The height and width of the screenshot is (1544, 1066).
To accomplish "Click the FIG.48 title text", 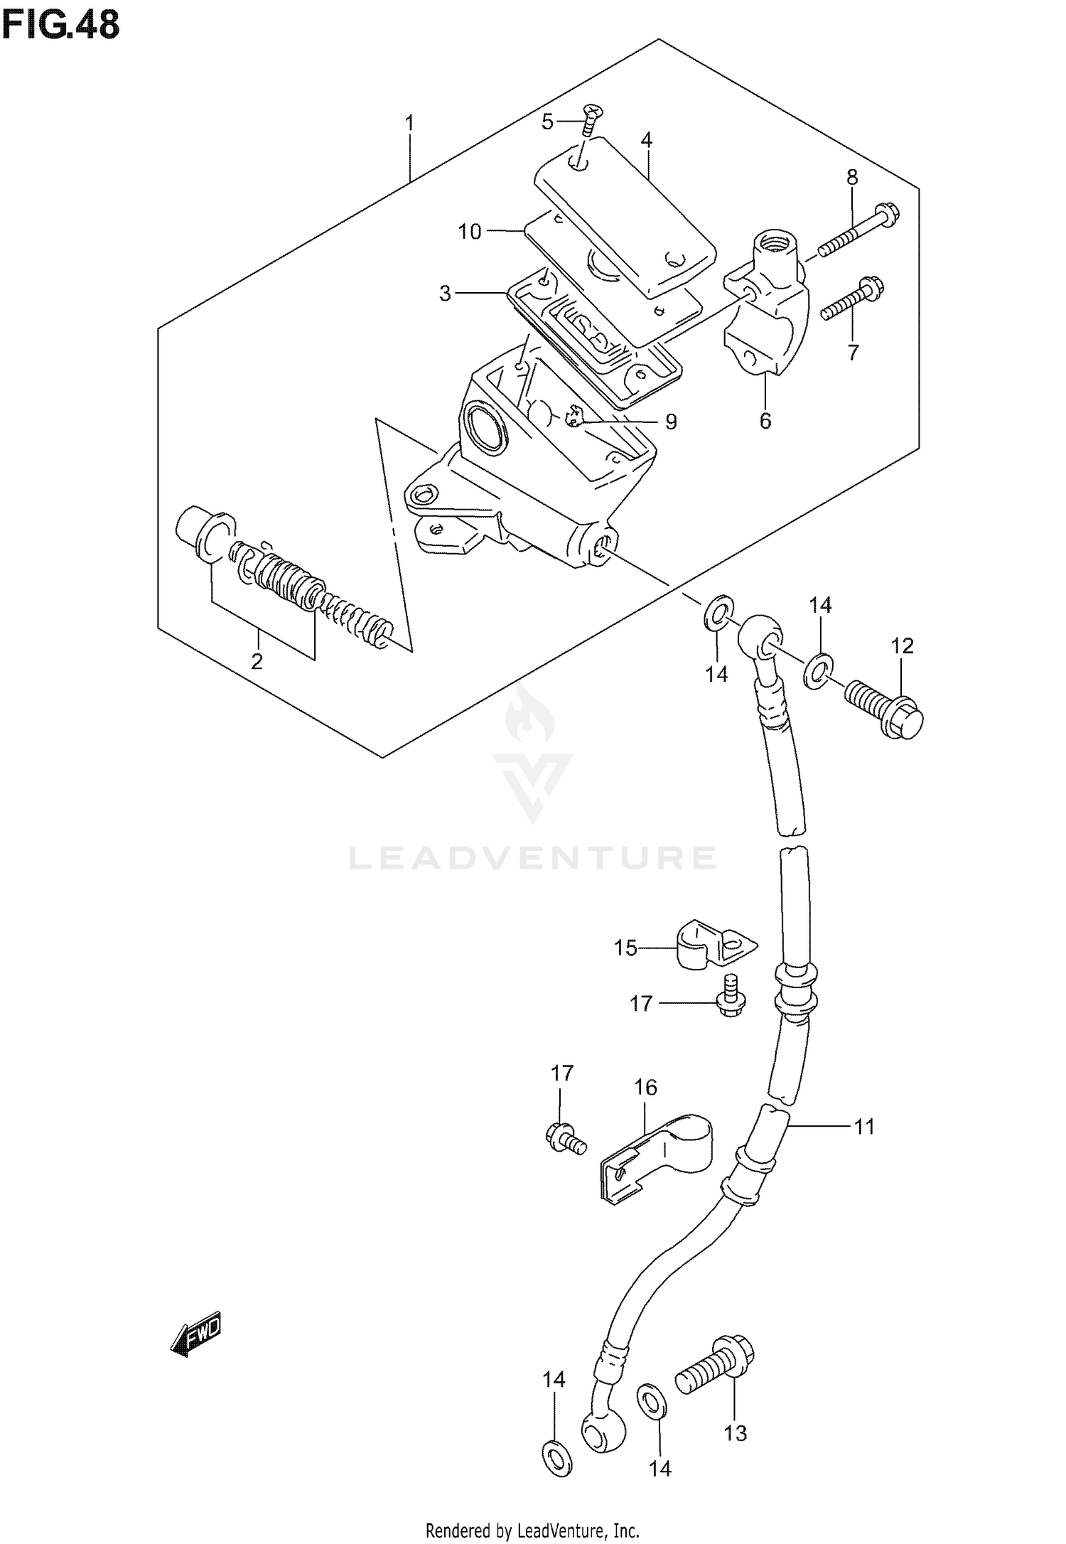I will (60, 26).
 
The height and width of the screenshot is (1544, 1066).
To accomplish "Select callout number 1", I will (409, 124).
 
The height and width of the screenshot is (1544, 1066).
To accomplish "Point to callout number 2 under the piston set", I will (257, 661).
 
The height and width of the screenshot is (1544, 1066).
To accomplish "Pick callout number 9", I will (671, 422).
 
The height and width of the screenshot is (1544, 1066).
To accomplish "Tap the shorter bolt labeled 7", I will (850, 300).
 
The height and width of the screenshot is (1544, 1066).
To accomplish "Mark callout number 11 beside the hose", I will (863, 1127).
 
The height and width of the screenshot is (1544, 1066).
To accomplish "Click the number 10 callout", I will (470, 231).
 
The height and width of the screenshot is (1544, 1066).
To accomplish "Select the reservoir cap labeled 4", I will (625, 220).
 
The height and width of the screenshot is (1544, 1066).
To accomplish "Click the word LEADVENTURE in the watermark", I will (532, 858).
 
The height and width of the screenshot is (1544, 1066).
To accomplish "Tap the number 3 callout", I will (445, 293).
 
